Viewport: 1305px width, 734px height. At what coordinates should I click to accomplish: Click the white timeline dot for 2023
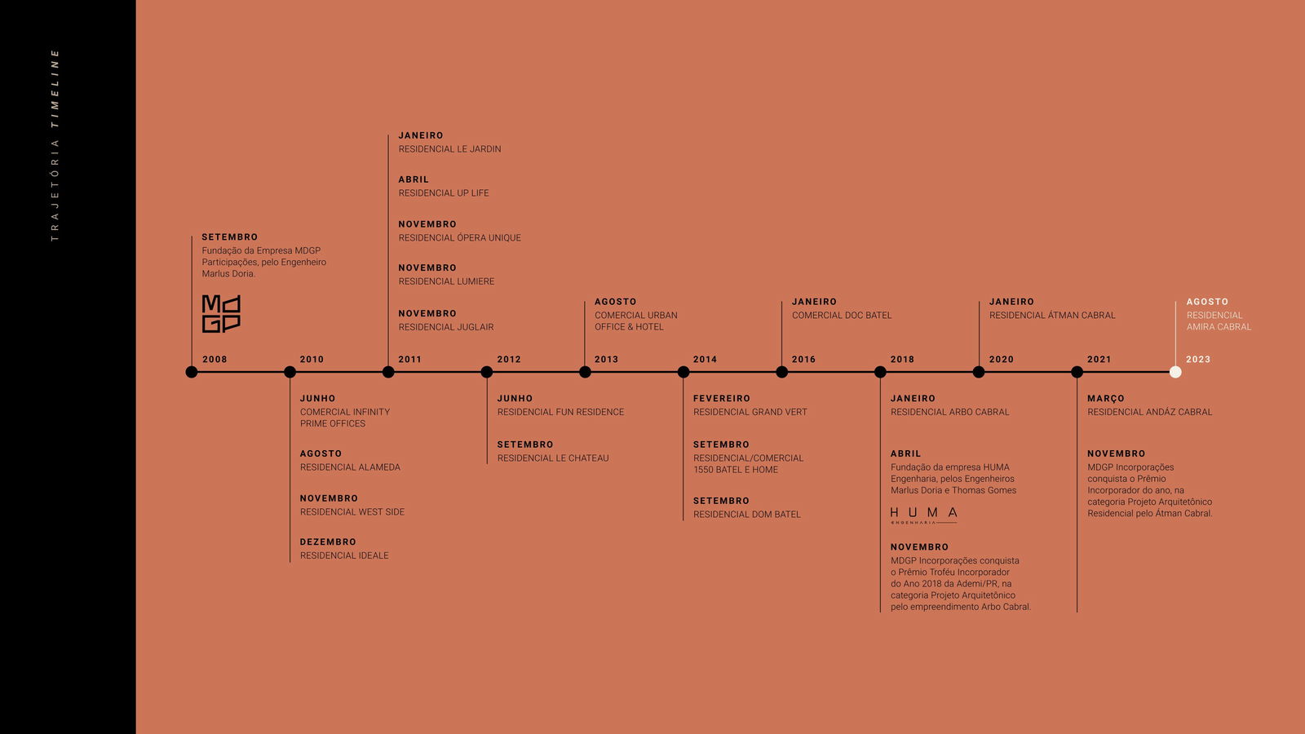click(x=1175, y=372)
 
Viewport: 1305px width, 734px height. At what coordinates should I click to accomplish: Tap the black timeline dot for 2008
click(x=191, y=372)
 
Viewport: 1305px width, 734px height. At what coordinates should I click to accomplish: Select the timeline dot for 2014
click(x=683, y=372)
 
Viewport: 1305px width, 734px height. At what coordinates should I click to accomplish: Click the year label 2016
click(x=803, y=360)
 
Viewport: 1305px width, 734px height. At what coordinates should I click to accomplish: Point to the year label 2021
click(x=1099, y=360)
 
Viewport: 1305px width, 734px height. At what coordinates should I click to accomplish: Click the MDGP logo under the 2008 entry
click(x=221, y=313)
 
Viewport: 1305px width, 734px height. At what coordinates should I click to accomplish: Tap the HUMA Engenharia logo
click(x=923, y=515)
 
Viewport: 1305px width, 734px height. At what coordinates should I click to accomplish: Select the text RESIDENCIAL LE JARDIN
click(x=449, y=149)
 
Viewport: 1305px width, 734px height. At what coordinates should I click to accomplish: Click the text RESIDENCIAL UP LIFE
click(x=444, y=192)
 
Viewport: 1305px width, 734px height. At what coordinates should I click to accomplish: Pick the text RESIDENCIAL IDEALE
click(x=344, y=555)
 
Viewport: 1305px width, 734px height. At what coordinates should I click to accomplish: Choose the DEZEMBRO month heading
click(x=328, y=542)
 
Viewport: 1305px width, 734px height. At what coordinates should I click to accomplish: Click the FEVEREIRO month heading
click(x=721, y=399)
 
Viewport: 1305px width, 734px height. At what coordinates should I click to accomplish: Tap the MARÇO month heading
click(x=1106, y=399)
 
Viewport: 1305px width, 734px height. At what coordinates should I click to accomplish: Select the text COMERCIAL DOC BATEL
click(x=841, y=315)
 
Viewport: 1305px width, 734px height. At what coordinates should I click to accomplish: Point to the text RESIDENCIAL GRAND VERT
click(x=750, y=412)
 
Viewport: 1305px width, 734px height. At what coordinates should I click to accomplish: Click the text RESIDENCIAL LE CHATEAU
click(x=553, y=458)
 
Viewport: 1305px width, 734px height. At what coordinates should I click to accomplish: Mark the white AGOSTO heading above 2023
click(x=1207, y=302)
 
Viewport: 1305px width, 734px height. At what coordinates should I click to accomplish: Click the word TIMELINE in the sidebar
click(x=55, y=89)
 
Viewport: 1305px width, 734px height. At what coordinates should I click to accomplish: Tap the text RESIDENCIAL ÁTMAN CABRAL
click(x=1052, y=315)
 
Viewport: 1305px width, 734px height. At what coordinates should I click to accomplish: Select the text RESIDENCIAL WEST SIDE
click(x=352, y=512)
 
